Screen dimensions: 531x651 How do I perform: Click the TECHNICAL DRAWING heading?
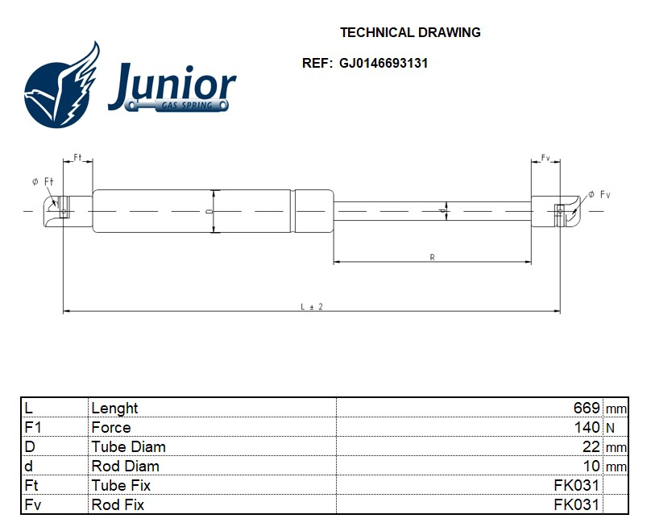pos(410,33)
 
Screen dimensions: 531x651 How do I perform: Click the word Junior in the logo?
pos(172,85)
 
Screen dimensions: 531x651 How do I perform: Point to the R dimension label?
pos(432,257)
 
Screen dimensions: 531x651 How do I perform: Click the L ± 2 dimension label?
pos(311,307)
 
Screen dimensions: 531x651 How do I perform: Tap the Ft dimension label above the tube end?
pos(78,156)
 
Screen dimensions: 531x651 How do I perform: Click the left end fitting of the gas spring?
pos(64,210)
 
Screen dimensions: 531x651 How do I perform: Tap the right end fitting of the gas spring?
pos(560,210)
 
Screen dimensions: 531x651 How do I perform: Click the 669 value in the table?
pos(586,409)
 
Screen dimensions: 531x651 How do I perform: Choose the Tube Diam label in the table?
pos(129,447)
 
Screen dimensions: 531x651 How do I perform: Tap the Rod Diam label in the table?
pos(126,467)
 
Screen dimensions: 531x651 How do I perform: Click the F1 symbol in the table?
pos(33,428)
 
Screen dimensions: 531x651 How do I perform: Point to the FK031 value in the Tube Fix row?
pos(576,486)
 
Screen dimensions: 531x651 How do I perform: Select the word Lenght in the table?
pos(115,409)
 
